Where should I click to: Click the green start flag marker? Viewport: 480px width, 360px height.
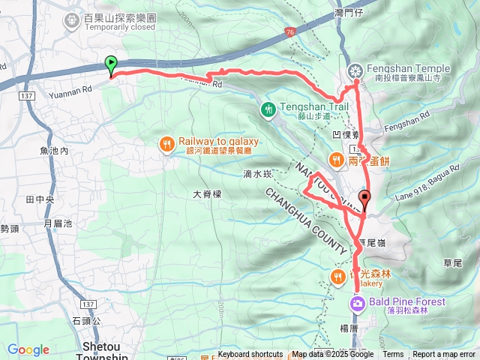click(111, 65)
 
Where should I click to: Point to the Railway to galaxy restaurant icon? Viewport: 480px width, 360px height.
click(167, 142)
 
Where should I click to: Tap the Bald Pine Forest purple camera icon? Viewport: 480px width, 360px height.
click(357, 302)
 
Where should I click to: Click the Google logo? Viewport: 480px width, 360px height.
click(28, 349)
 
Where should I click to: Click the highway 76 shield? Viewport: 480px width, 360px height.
click(289, 32)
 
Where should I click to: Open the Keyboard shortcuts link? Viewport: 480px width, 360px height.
click(251, 355)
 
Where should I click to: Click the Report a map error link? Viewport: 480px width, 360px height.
click(445, 355)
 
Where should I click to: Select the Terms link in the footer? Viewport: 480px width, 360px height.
click(393, 355)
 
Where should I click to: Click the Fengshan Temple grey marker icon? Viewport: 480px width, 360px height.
click(355, 71)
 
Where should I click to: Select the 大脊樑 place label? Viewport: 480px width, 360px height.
click(208, 193)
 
